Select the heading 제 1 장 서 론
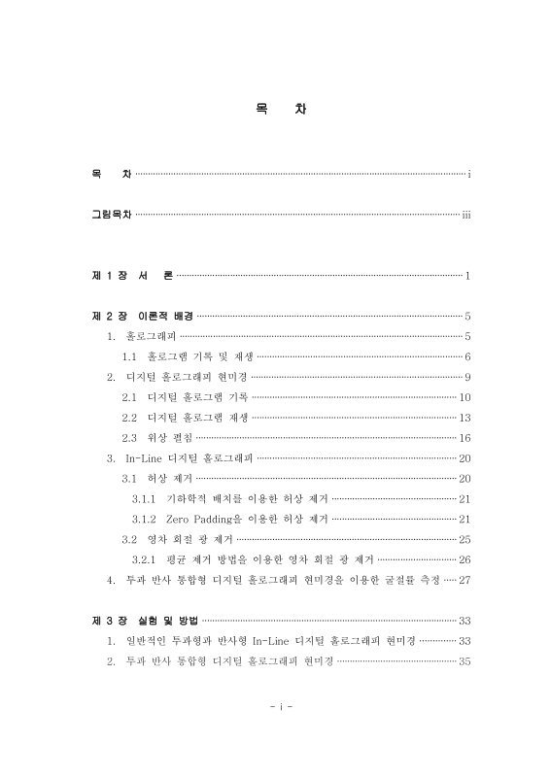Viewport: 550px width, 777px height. point(132,276)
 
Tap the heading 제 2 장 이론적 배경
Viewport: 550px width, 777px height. point(142,316)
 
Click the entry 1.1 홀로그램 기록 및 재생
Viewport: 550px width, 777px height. point(187,355)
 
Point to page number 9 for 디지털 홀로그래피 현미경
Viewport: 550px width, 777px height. point(467,376)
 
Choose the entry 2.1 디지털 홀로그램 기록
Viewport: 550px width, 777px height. point(186,396)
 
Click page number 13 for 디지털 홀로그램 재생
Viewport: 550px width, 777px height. point(464,417)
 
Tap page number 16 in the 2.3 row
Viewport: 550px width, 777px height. point(464,437)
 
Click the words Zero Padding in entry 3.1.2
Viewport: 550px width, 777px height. point(197,519)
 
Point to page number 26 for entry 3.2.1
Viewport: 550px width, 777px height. point(464,559)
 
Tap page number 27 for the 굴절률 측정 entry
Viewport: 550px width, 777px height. point(464,580)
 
